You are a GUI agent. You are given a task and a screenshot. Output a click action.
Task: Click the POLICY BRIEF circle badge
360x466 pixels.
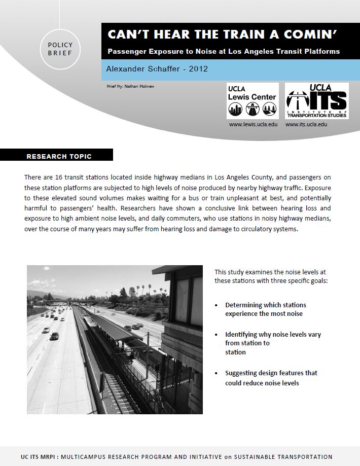pyautogui.click(x=60, y=49)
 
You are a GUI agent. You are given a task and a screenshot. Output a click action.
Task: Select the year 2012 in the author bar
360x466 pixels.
pyautogui.click(x=198, y=68)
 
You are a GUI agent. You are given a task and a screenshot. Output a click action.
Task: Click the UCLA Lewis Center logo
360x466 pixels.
pyautogui.click(x=252, y=100)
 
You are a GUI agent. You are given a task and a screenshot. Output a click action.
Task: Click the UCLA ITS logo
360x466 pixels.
pyautogui.click(x=316, y=100)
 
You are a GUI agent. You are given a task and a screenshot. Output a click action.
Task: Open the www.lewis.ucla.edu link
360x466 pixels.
pyautogui.click(x=252, y=124)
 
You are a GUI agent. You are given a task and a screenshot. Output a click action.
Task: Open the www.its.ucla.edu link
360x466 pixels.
pyautogui.click(x=306, y=124)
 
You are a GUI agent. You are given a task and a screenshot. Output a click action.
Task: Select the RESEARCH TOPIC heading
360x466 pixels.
pyautogui.click(x=59, y=156)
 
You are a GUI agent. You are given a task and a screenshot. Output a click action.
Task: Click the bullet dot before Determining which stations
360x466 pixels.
pyautogui.click(x=217, y=305)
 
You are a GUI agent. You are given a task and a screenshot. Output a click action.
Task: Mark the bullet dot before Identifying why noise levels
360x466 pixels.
pyautogui.click(x=217, y=335)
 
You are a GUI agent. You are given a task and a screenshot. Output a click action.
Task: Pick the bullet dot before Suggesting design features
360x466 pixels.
pyautogui.click(x=217, y=373)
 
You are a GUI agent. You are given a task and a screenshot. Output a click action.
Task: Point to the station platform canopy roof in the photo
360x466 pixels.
pyautogui.click(x=112, y=327)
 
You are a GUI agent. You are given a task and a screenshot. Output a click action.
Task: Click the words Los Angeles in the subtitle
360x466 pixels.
pyautogui.click(x=246, y=51)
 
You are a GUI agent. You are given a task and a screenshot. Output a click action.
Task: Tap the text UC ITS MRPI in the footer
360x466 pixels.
pyautogui.click(x=40, y=457)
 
